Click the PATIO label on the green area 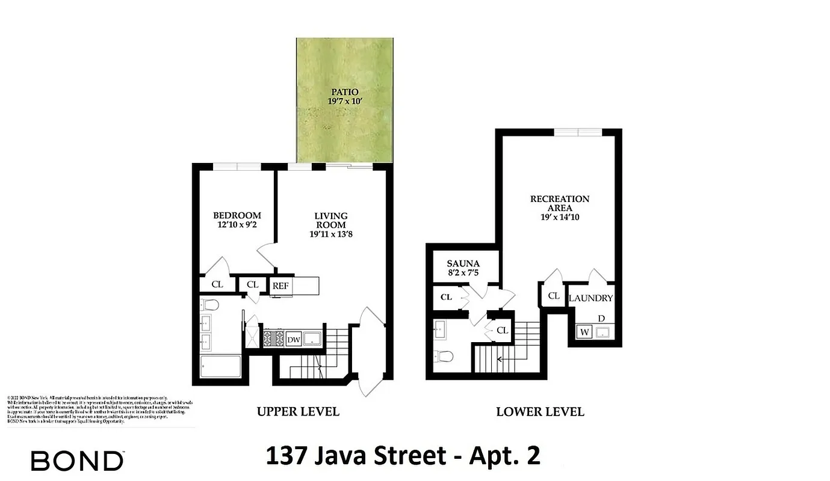tap(344, 92)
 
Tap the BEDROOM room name tap(237, 215)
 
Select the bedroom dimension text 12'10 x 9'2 tap(237, 225)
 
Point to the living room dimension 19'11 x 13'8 tap(330, 234)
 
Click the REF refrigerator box tap(280, 286)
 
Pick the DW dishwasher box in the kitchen tap(293, 340)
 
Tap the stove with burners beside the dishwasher tap(273, 339)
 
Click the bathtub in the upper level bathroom tap(220, 367)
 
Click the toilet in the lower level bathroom tap(444, 357)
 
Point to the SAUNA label tap(463, 263)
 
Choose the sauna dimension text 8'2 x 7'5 tap(463, 273)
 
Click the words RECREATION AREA tap(559, 203)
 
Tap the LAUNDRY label tap(590, 298)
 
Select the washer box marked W tap(583, 331)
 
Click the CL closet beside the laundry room tap(554, 296)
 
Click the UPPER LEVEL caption tap(298, 412)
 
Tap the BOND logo tap(77, 461)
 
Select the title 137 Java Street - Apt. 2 tap(403, 456)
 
